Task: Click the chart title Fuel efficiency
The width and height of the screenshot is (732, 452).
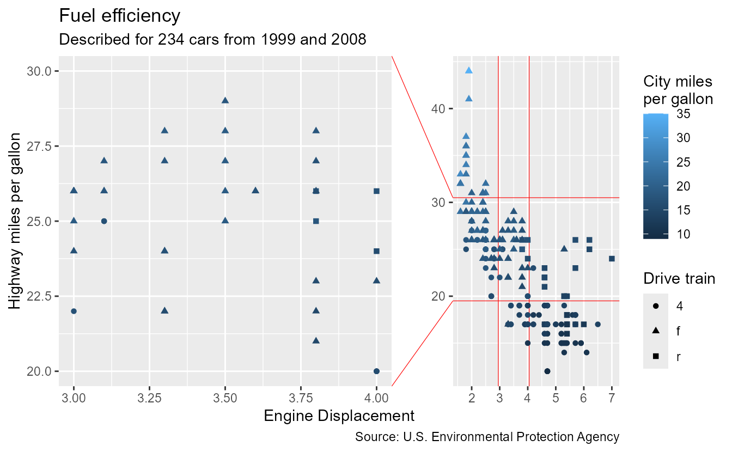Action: point(119,16)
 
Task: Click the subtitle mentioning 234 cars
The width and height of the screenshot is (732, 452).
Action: point(212,40)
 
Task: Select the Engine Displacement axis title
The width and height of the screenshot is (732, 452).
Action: point(339,416)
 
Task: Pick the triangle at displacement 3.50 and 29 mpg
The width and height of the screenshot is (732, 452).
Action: point(225,100)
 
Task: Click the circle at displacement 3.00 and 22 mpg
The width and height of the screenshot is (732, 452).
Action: point(74,311)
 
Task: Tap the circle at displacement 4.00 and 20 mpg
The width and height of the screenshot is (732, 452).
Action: point(376,371)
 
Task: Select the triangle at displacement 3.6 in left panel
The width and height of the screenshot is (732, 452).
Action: point(255,190)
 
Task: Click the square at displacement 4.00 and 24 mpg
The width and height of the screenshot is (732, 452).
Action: point(376,251)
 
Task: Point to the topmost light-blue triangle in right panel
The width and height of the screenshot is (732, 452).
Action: point(469,70)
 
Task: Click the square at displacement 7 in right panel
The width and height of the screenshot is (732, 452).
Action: point(612,259)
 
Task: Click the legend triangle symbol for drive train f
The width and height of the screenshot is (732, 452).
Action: point(656,331)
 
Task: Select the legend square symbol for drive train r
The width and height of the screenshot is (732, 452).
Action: point(656,356)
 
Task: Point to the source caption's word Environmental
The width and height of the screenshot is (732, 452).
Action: point(488,437)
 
